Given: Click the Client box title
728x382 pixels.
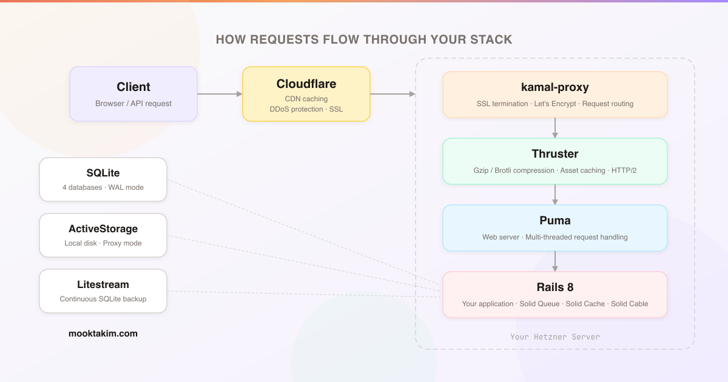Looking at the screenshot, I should tap(133, 87).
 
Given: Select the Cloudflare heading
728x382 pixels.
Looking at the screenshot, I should tap(306, 84).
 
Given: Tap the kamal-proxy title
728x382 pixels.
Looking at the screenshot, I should tap(555, 87).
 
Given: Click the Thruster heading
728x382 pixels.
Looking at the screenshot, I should tap(555, 154).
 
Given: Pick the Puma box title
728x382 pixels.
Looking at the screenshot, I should tap(555, 221).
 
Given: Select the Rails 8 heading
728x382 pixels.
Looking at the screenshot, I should tap(555, 287).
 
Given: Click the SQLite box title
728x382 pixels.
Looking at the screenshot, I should tap(103, 173).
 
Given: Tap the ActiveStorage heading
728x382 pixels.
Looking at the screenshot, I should tap(103, 229).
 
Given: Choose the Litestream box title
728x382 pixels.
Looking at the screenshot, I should tap(103, 285).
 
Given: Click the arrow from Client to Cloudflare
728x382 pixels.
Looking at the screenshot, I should tap(220, 94).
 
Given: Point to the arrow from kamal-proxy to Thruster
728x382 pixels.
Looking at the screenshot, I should tap(555, 128).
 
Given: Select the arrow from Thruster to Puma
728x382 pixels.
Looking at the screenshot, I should tap(555, 195).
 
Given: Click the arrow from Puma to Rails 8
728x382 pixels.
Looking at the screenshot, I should tap(555, 261).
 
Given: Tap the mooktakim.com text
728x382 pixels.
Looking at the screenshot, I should tap(103, 333).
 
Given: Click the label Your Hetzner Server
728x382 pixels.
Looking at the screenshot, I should tap(555, 337).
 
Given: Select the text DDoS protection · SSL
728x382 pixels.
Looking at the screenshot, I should tap(306, 109).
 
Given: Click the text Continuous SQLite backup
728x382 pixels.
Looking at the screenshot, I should tap(103, 299).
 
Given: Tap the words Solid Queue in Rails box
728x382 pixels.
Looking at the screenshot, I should tap(539, 304).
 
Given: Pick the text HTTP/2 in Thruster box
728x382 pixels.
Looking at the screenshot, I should tap(624, 170).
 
